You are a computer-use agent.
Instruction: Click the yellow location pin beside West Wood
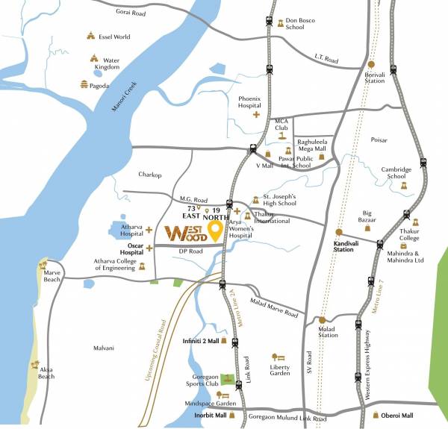pos(216,231)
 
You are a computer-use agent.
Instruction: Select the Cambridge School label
pos(396,173)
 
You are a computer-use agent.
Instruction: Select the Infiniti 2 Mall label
pos(200,342)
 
